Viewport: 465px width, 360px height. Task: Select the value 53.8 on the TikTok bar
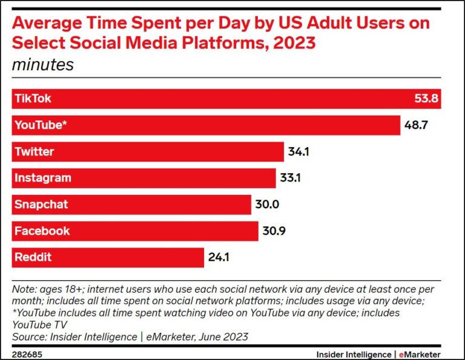(x=424, y=99)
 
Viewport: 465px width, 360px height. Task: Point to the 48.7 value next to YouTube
(x=417, y=125)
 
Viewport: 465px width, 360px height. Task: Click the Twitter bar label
(x=35, y=151)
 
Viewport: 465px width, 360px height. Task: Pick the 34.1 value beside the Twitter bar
(x=298, y=151)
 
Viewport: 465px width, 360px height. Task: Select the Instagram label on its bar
(x=42, y=178)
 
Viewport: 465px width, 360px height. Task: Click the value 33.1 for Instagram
(x=291, y=178)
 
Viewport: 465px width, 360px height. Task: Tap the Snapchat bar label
(x=41, y=205)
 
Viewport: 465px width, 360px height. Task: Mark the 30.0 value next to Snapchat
(x=266, y=205)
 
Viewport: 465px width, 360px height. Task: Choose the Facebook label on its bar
(x=42, y=231)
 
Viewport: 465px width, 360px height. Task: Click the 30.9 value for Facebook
(x=274, y=231)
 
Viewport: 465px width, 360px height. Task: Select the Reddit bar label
(x=33, y=257)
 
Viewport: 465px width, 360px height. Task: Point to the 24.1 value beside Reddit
(x=219, y=257)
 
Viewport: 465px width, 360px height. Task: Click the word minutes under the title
(x=42, y=65)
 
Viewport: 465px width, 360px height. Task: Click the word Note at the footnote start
(x=23, y=289)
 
